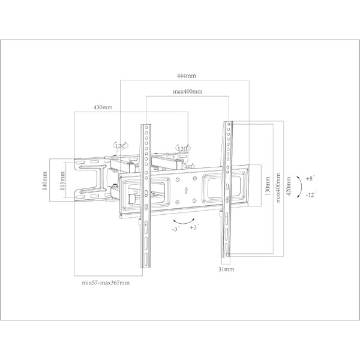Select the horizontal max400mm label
click(x=187, y=92)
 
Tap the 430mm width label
click(x=103, y=107)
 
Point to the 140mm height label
click(x=44, y=179)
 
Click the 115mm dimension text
click(x=62, y=179)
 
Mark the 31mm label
click(x=226, y=270)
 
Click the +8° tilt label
click(x=310, y=179)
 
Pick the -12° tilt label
click(x=310, y=196)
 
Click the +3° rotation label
click(x=194, y=228)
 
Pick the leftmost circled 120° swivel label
click(x=119, y=145)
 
